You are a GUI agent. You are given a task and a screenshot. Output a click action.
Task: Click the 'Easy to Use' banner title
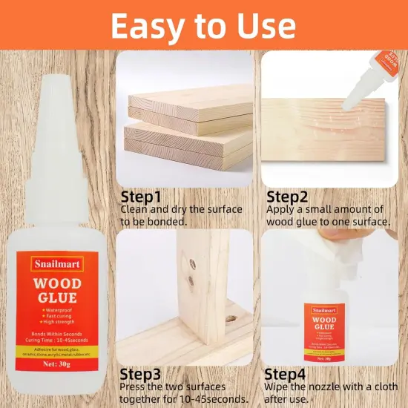[x=204, y=25]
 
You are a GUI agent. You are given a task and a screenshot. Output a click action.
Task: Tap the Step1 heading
[x=141, y=197]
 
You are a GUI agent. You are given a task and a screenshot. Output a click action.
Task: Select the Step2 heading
[x=288, y=197]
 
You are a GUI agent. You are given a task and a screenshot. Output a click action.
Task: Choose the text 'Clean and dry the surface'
[x=181, y=209]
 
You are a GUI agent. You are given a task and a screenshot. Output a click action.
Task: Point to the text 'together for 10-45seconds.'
[x=184, y=398]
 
